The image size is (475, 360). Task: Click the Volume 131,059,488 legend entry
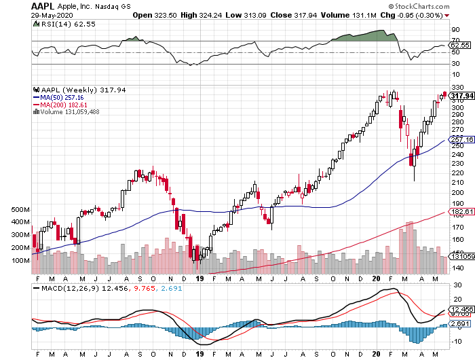click(x=70, y=112)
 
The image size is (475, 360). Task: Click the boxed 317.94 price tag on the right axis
click(x=461, y=96)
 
